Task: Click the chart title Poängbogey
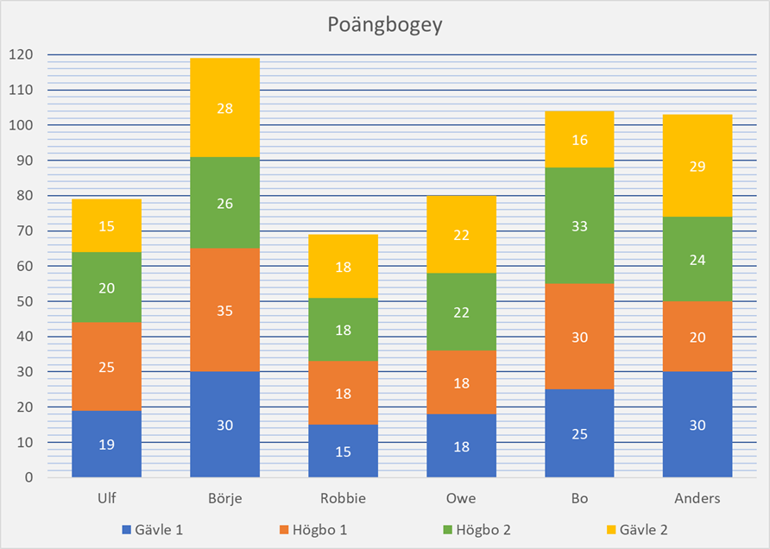point(384,25)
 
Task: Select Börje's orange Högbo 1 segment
point(224,298)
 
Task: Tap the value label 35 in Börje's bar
point(224,310)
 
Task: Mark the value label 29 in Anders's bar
point(697,167)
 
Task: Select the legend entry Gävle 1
point(158,529)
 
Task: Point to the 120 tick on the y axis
point(21,54)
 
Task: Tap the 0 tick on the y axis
point(28,477)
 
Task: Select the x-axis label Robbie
point(343,498)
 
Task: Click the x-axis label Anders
point(697,498)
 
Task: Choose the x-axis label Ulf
point(107,498)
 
